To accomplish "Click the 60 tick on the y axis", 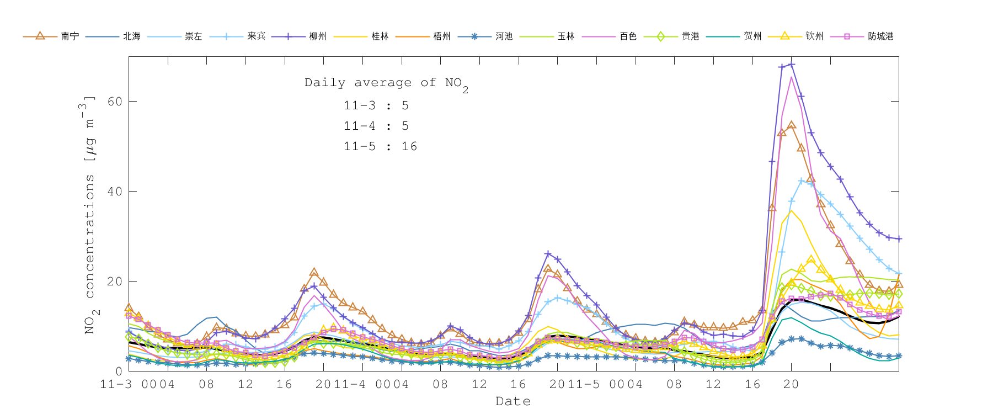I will tap(115, 102).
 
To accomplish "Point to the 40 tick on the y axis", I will tap(115, 192).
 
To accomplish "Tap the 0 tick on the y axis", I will tap(119, 371).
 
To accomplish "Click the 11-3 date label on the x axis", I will tap(116, 384).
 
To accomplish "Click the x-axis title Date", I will tap(513, 401).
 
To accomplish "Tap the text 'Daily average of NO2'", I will tap(386, 83).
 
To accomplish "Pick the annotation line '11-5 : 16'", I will tap(380, 146).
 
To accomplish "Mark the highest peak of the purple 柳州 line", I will tap(791, 65).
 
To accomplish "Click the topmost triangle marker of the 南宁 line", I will tap(791, 125).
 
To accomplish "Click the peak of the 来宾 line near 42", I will tap(801, 181).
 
